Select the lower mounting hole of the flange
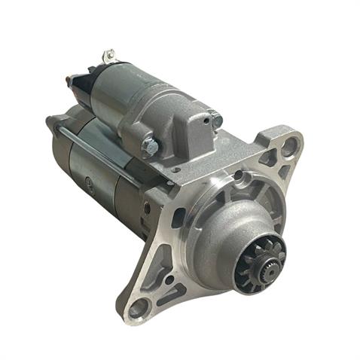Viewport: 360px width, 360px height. (x=139, y=307)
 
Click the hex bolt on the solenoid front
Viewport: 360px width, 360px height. (x=149, y=145)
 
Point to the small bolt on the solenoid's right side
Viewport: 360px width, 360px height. (x=217, y=119)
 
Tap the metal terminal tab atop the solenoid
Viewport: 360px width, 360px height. (x=109, y=56)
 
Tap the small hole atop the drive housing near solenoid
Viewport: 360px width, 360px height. (x=175, y=170)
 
